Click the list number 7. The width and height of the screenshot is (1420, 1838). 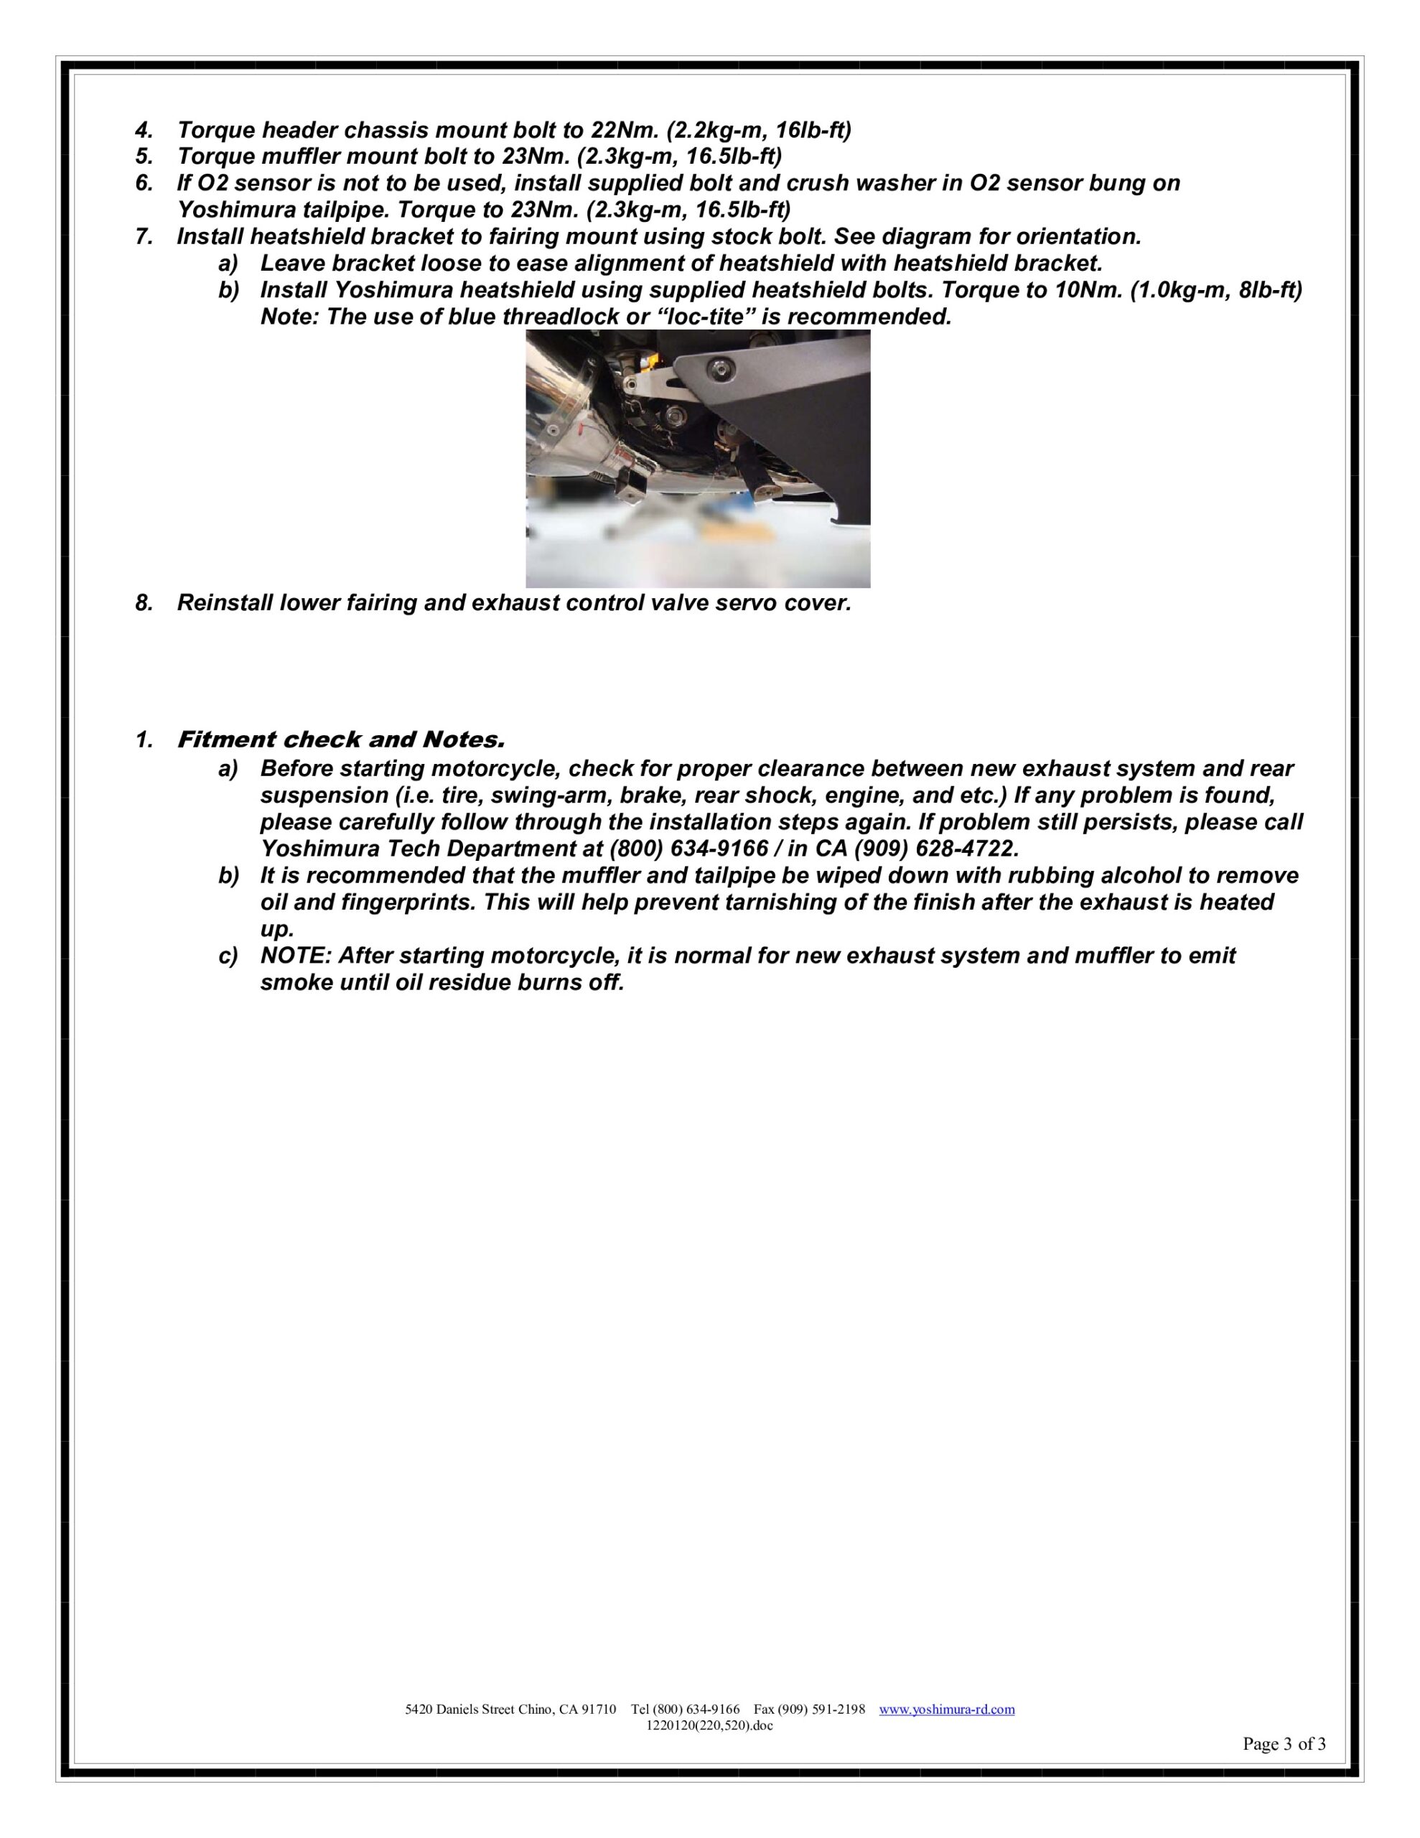pyautogui.click(x=144, y=236)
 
